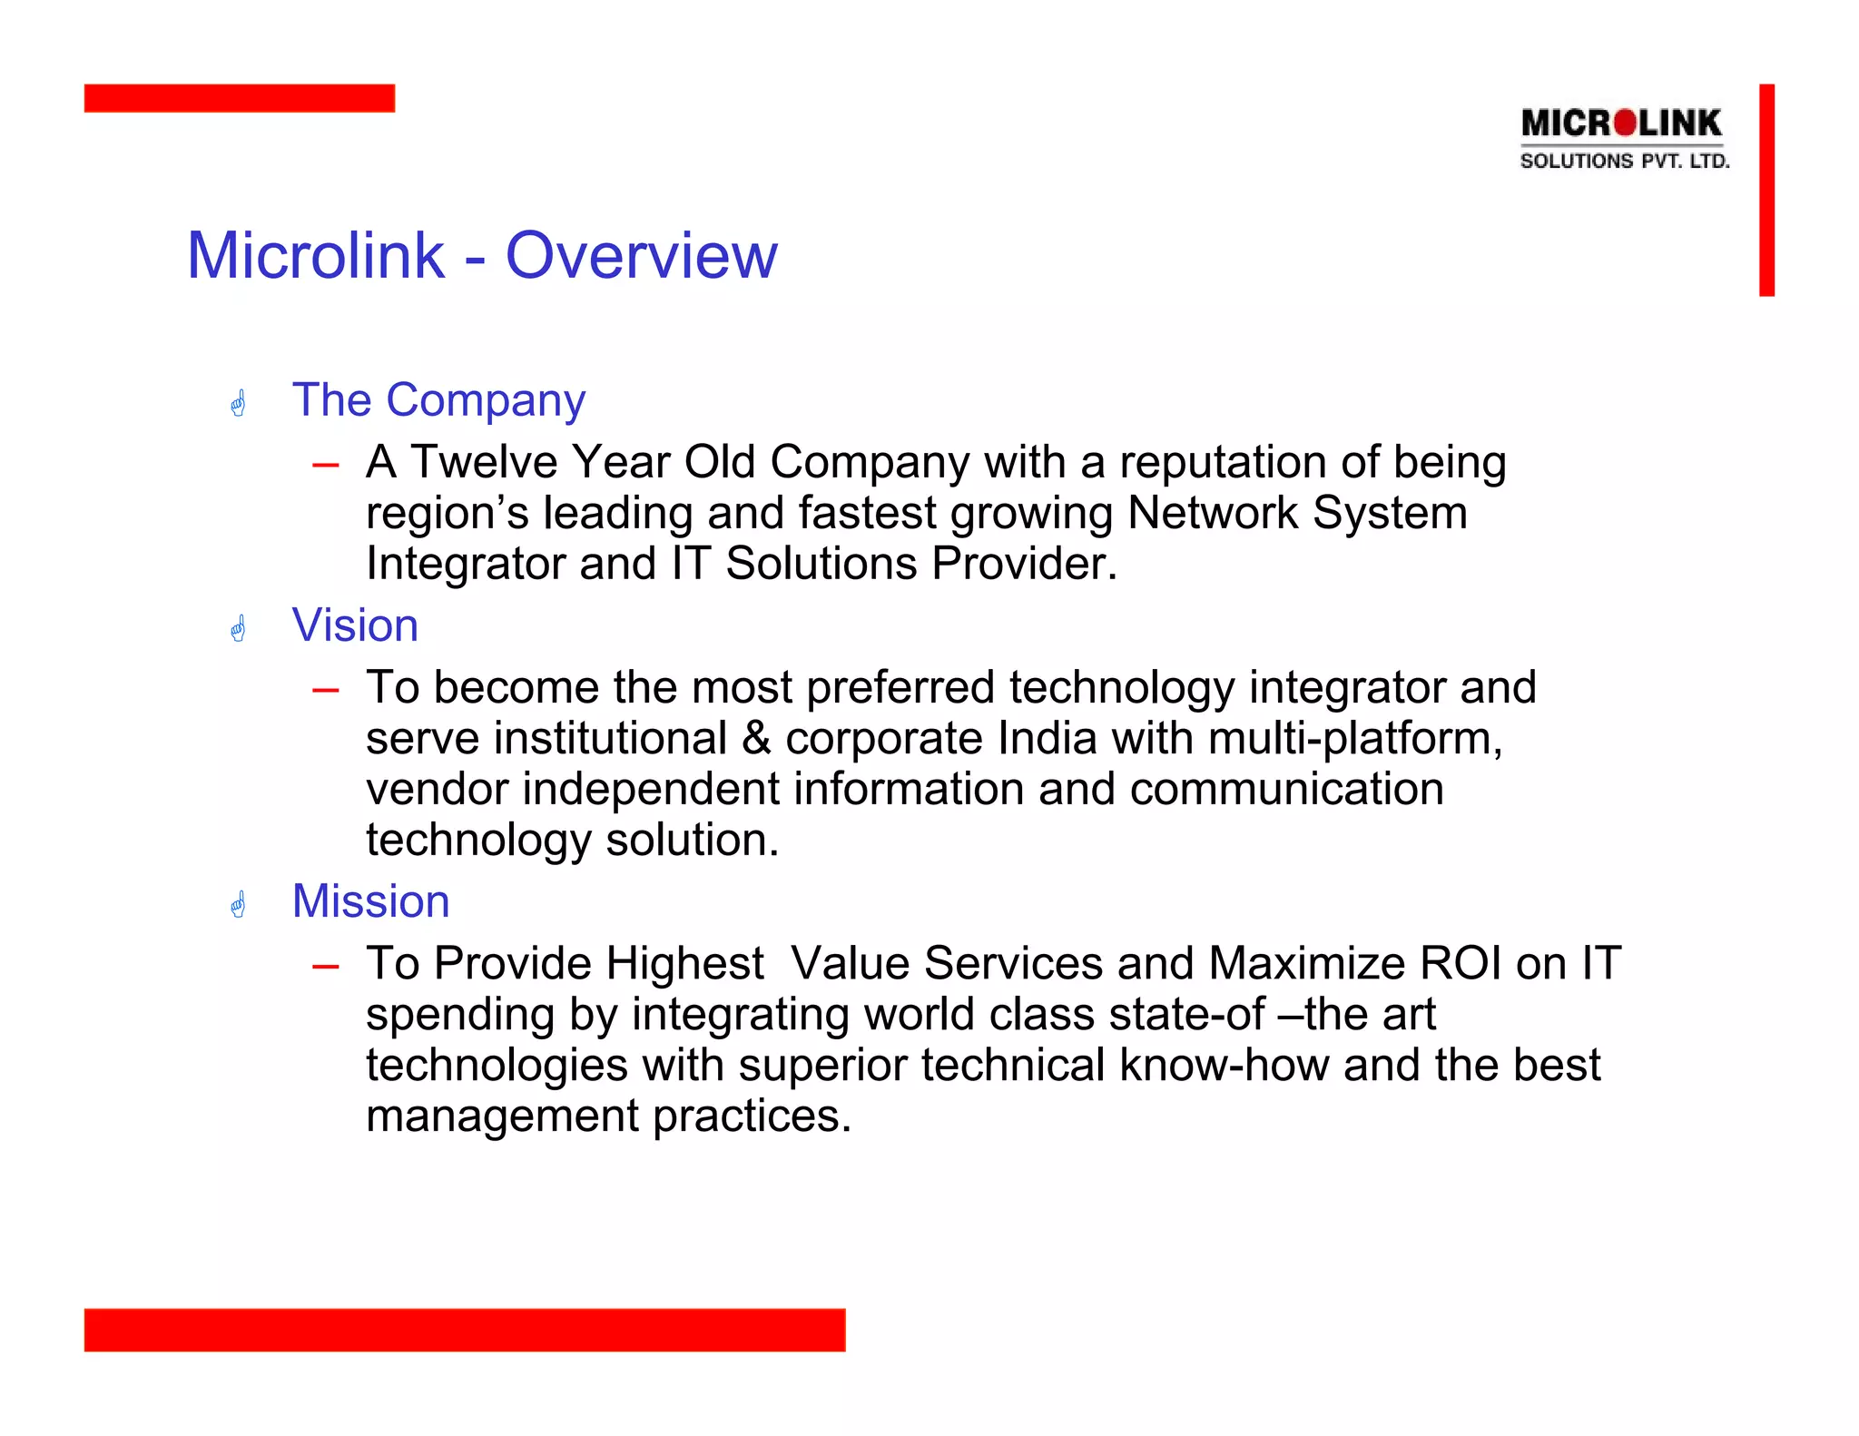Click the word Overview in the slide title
tap(641, 256)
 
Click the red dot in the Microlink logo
tap(1626, 123)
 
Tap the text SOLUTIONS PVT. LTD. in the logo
tap(1624, 162)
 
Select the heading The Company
tap(438, 400)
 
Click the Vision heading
tap(355, 625)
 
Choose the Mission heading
tap(370, 901)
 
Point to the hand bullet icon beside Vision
tap(239, 628)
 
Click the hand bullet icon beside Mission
tap(239, 904)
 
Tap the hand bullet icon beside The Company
tap(239, 403)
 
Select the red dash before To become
tap(325, 691)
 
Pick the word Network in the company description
tap(1212, 513)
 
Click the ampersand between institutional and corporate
tap(755, 738)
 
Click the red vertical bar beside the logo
tap(1766, 190)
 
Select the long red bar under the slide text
tap(464, 1329)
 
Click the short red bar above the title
tap(239, 98)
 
